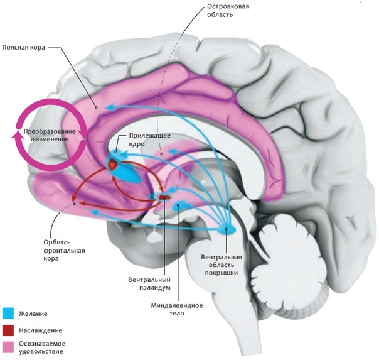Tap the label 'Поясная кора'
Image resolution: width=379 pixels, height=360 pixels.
pyautogui.click(x=24, y=46)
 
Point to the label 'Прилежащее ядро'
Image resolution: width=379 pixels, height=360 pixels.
pyautogui.click(x=149, y=139)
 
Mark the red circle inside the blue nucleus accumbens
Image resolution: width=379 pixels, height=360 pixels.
pyautogui.click(x=113, y=165)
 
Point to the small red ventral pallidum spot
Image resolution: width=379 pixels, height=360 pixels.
pyautogui.click(x=164, y=197)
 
